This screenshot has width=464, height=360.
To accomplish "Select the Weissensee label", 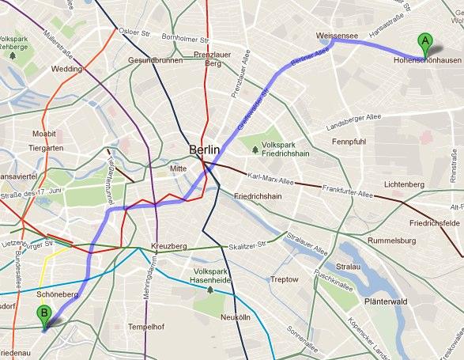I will tap(338, 36).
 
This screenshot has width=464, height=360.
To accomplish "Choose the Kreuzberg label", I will tap(168, 247).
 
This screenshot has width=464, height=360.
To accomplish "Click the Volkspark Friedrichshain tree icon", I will tap(255, 148).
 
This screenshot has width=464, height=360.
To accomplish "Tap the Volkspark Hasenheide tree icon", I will tap(209, 290).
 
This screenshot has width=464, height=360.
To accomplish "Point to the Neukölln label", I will tap(235, 316).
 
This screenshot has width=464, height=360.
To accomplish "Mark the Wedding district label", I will tap(66, 69).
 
